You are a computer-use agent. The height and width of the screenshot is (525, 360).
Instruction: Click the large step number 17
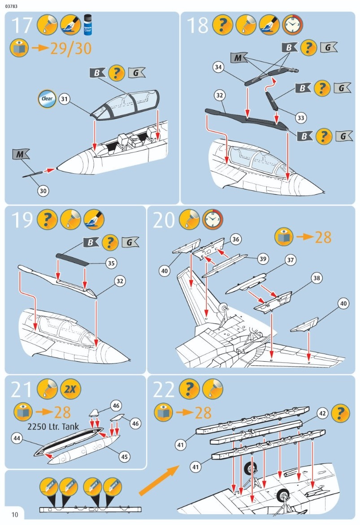[x=21, y=25]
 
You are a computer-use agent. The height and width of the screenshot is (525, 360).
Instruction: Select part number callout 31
[x=65, y=99]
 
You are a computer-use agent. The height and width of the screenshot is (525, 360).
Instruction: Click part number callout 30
[x=43, y=191]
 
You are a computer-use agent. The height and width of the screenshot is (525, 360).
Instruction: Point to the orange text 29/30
[x=70, y=48]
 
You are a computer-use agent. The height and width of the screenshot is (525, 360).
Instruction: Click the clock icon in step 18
[x=293, y=25]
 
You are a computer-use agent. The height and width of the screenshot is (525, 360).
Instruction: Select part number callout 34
[x=218, y=67]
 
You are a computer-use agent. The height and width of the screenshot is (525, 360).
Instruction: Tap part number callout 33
[x=301, y=118]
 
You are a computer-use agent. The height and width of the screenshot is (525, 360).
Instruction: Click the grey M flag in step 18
[x=240, y=57]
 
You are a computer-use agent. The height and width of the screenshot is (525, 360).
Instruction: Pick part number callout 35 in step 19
[x=111, y=263]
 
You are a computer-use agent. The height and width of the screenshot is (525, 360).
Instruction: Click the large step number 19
[x=21, y=219]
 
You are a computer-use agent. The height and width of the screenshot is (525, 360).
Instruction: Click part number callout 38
[x=317, y=278]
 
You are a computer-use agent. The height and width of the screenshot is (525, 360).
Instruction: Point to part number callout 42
[x=322, y=413]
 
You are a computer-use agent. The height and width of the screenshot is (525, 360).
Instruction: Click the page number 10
[x=15, y=515]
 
